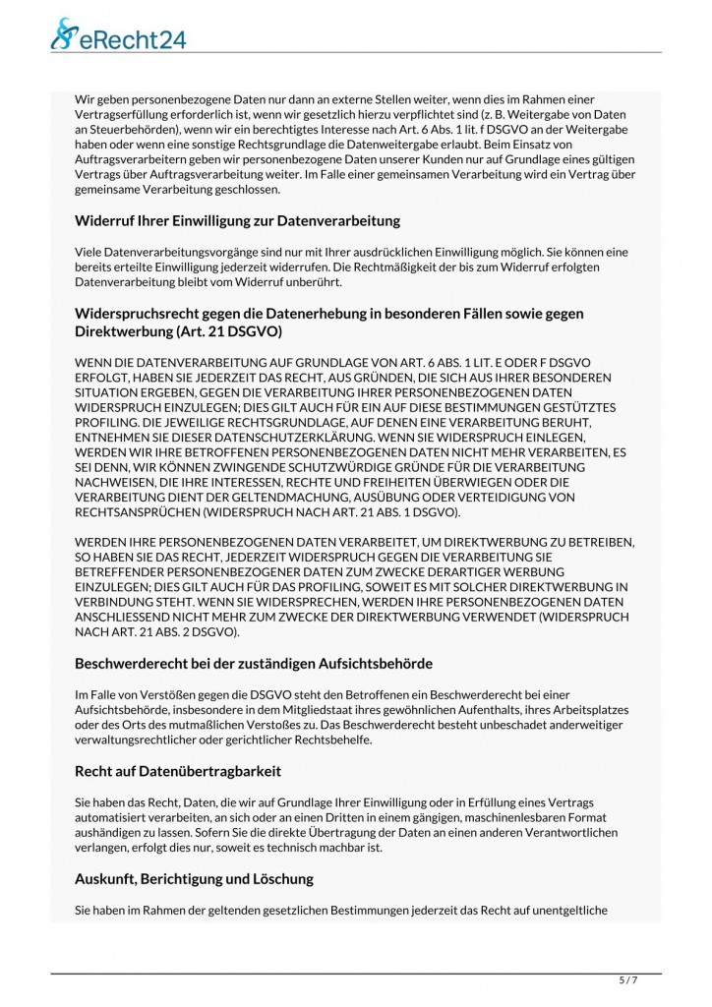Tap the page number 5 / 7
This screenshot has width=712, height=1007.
627,980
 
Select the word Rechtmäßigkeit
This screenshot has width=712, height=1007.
459,267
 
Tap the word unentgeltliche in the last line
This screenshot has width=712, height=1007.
571,910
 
